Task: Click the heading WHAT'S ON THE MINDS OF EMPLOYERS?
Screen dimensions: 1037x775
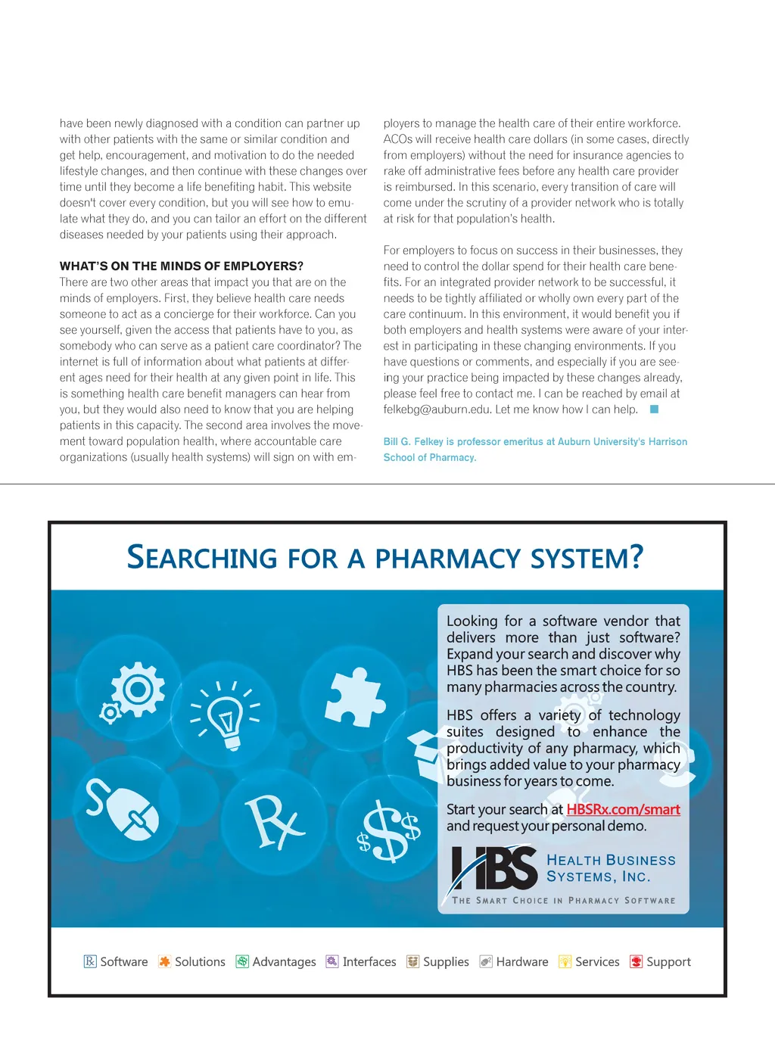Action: pyautogui.click(x=182, y=266)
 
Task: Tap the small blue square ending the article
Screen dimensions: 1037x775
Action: pyautogui.click(x=655, y=410)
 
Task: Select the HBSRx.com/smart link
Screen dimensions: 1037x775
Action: pyautogui.click(x=623, y=809)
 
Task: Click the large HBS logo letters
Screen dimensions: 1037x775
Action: pyautogui.click(x=494, y=869)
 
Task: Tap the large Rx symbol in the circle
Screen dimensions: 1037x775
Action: pyautogui.click(x=272, y=822)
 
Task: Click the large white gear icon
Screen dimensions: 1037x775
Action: pyautogui.click(x=137, y=689)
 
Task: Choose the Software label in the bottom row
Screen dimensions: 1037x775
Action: pyautogui.click(x=124, y=962)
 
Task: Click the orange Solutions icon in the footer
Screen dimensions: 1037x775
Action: pyautogui.click(x=164, y=962)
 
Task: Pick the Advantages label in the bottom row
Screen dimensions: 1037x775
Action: pyautogui.click(x=284, y=962)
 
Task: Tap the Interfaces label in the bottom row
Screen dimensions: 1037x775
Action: pyautogui.click(x=369, y=962)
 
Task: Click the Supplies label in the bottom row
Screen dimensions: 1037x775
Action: pyautogui.click(x=446, y=962)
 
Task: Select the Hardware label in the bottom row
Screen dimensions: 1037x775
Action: pyautogui.click(x=522, y=962)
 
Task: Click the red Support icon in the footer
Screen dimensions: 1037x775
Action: pyautogui.click(x=636, y=962)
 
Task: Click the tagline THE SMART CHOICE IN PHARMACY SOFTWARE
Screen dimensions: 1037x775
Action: pyautogui.click(x=564, y=901)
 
